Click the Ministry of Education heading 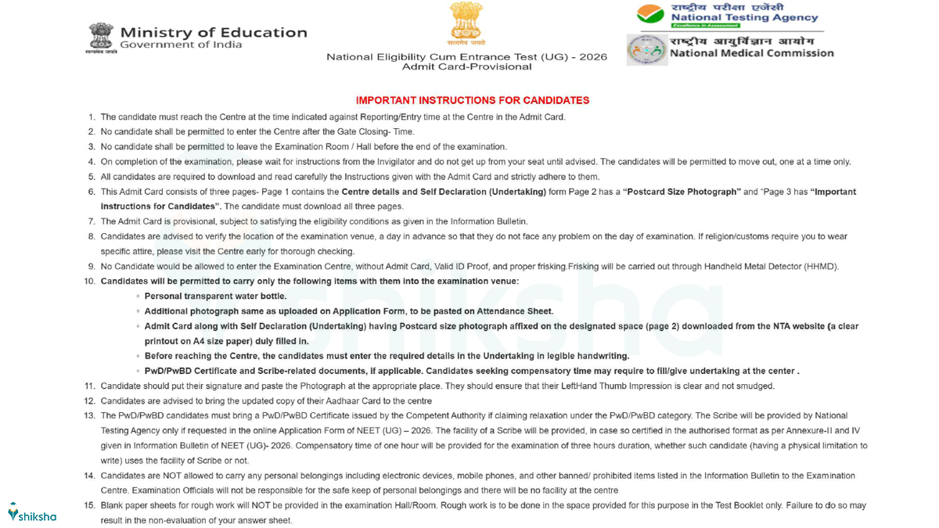(213, 32)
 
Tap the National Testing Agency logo (650, 14)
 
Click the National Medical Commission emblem (646, 50)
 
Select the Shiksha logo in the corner (32, 515)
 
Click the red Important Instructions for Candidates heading (472, 100)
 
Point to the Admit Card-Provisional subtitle (466, 67)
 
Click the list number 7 (92, 221)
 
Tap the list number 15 (90, 506)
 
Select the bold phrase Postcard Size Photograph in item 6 (682, 192)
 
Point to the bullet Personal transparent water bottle (215, 296)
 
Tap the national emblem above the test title (466, 22)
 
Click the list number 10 (90, 281)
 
